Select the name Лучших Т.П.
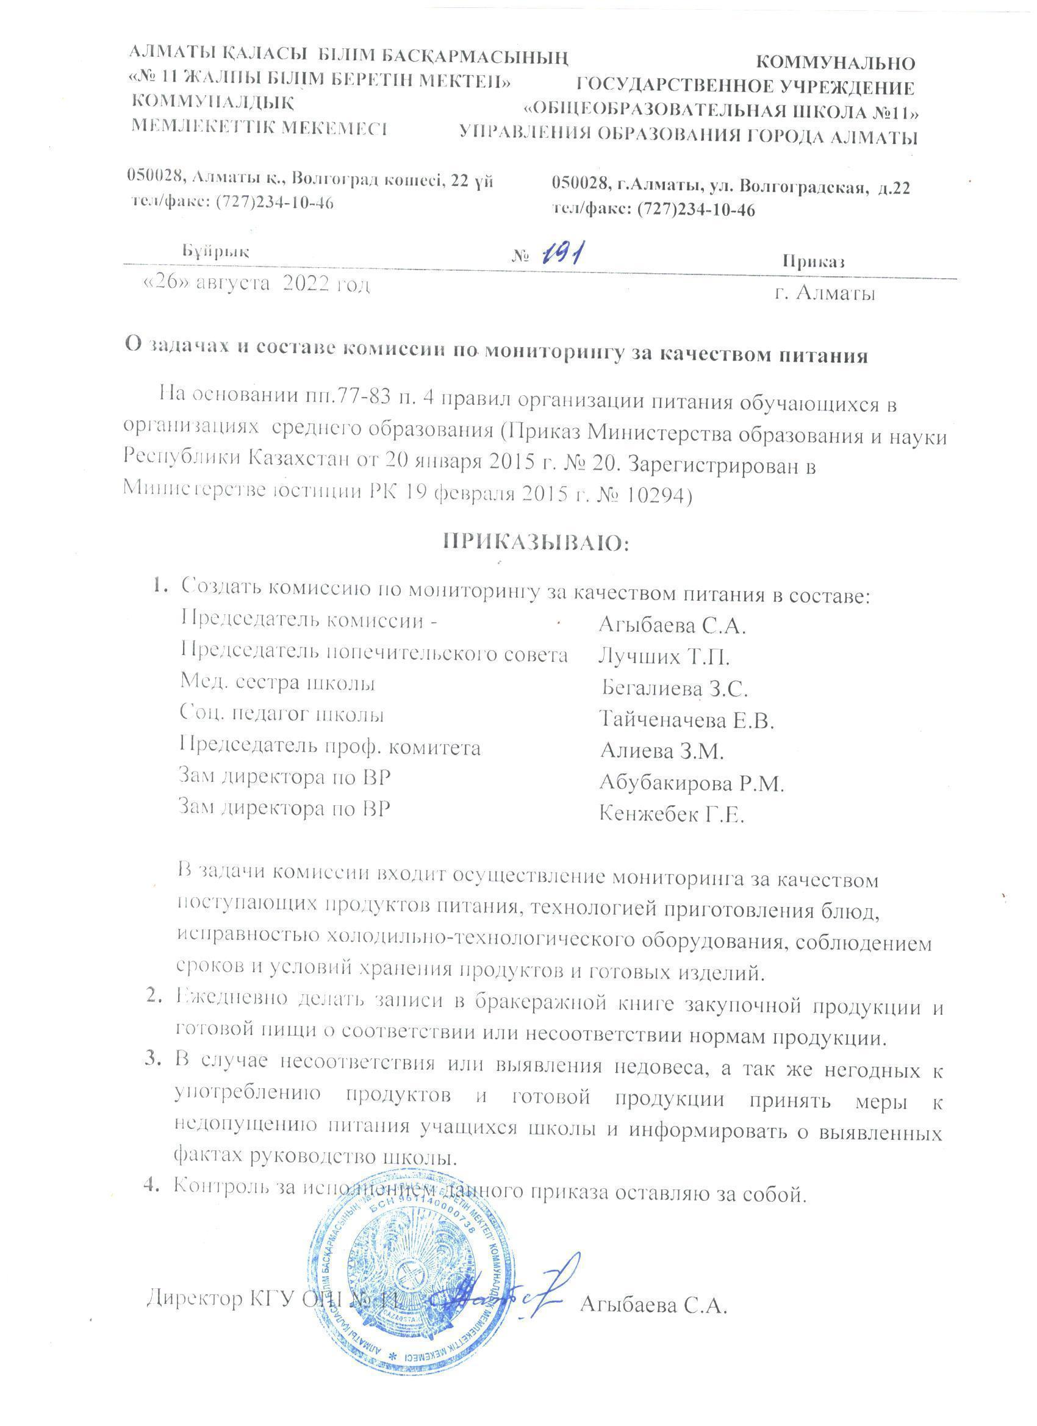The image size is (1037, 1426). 664,657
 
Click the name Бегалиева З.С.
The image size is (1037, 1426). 674,689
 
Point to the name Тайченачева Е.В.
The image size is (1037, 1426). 686,720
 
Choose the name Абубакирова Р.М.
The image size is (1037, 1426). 691,783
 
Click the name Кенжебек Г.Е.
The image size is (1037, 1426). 671,815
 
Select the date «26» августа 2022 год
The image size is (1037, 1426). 257,285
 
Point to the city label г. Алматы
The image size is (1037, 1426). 825,293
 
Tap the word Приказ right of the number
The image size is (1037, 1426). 813,262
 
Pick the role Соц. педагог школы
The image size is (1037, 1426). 282,715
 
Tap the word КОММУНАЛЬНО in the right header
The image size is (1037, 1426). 834,63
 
